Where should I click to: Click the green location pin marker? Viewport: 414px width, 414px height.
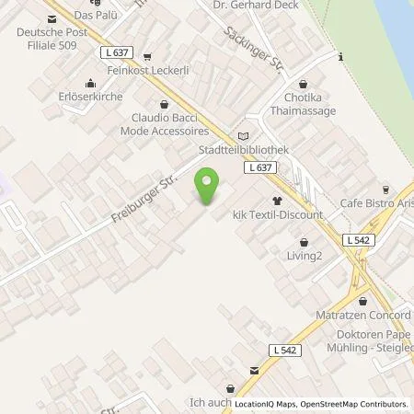209,187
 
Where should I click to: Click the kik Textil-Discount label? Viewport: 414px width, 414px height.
278,214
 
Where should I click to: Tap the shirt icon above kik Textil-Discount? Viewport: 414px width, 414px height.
276,200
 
